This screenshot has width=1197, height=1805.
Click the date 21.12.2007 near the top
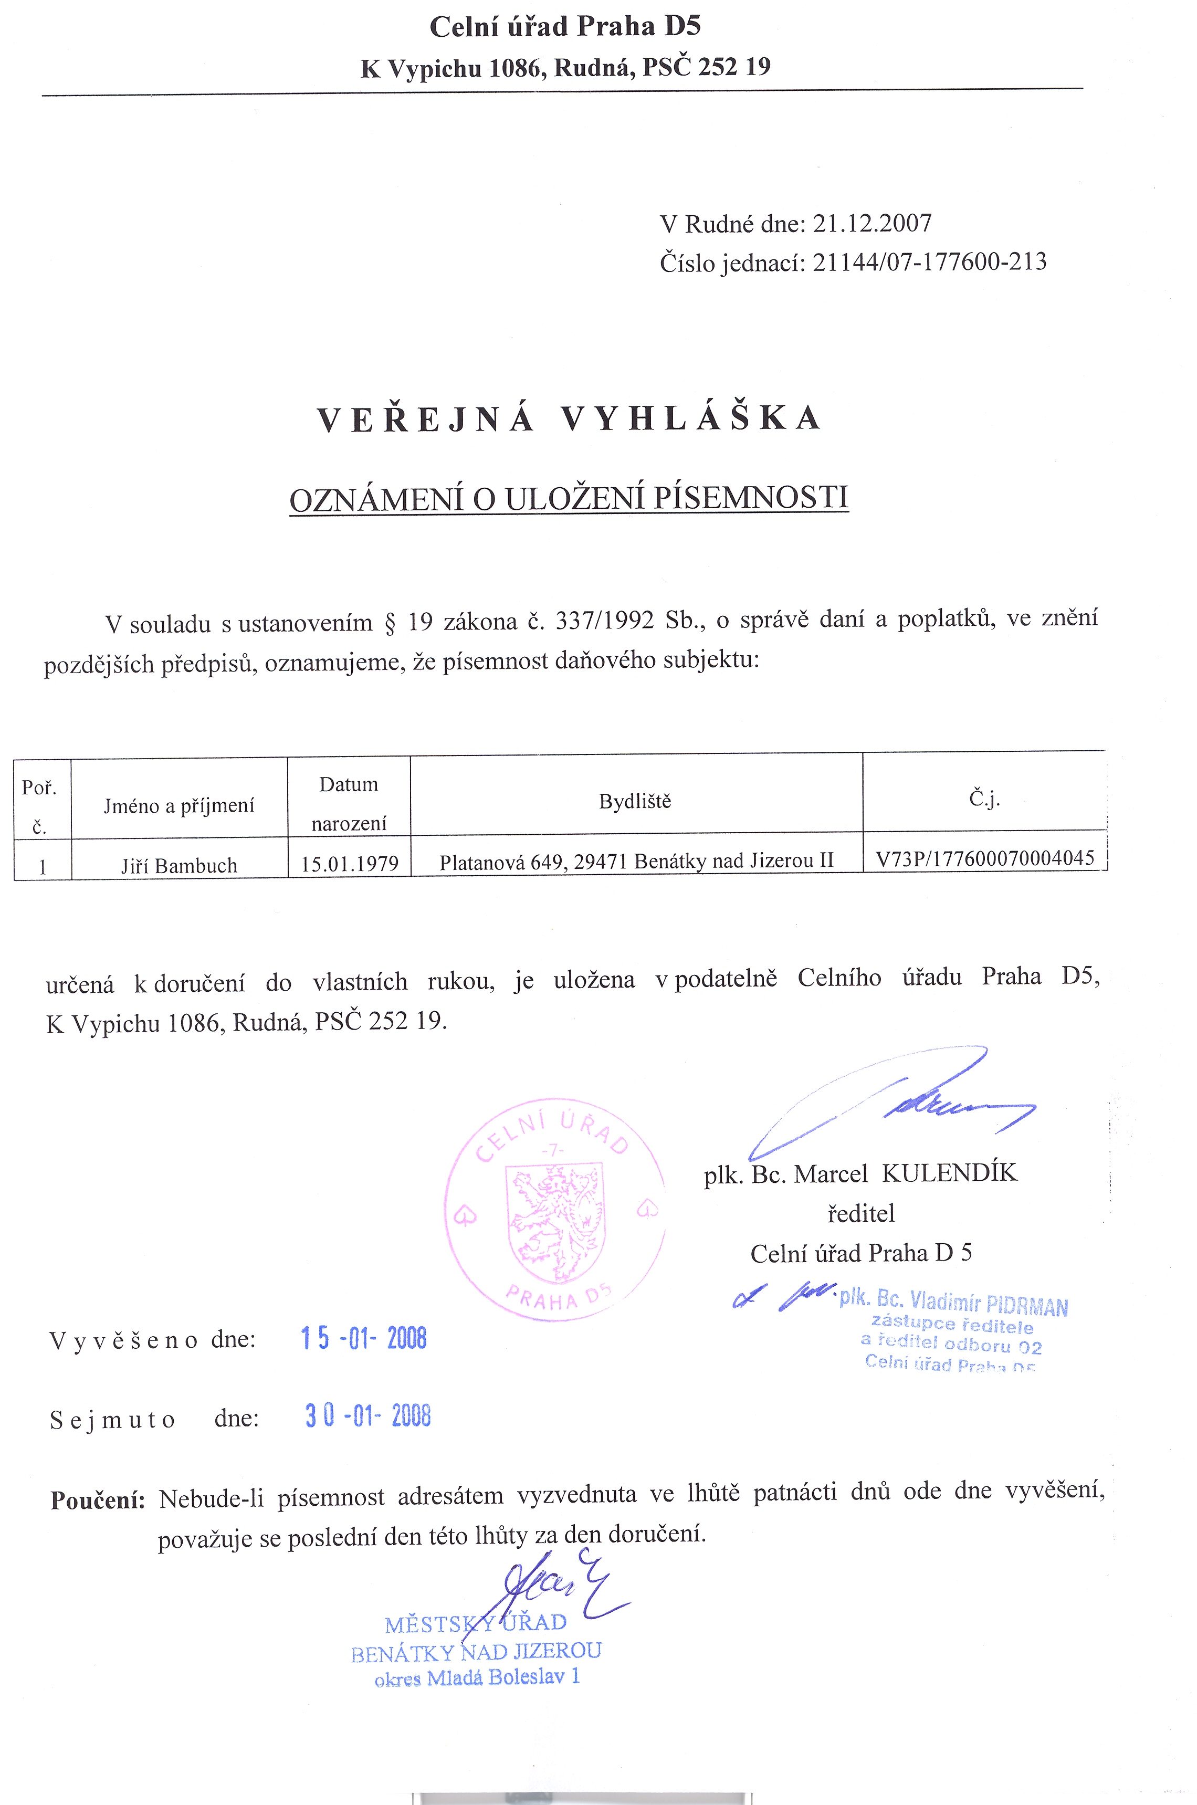[x=872, y=224]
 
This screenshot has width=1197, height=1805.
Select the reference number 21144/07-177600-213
[x=929, y=263]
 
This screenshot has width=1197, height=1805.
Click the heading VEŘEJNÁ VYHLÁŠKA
[x=569, y=419]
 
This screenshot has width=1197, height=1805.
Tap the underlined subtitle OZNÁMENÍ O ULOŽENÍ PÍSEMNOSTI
[x=569, y=498]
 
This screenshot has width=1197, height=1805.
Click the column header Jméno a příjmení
[x=178, y=806]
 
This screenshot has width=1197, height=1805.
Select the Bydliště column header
[x=635, y=801]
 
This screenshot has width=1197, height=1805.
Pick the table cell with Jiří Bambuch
[x=178, y=865]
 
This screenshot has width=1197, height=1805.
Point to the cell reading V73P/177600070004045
[x=985, y=858]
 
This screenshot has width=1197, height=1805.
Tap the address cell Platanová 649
[x=636, y=862]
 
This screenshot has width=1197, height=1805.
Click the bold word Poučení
[x=98, y=1500]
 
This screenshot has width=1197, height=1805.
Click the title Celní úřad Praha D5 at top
[x=565, y=27]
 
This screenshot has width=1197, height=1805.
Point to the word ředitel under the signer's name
[x=861, y=1213]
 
